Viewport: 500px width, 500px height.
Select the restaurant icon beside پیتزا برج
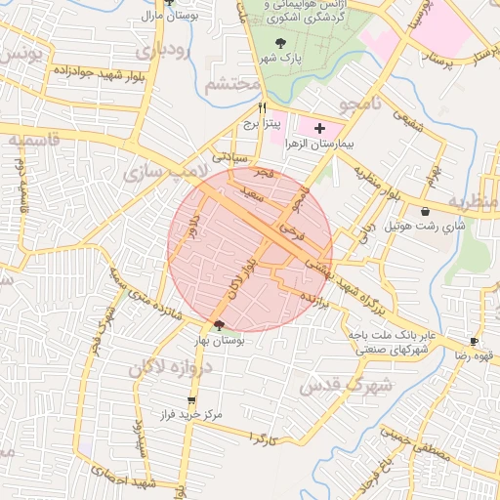click(262, 108)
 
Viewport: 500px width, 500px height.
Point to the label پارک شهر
click(281, 59)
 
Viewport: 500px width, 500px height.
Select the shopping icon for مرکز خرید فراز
click(192, 399)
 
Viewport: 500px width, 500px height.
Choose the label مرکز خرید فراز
click(192, 415)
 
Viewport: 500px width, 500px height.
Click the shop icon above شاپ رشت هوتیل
click(426, 212)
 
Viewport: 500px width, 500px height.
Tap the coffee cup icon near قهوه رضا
click(474, 342)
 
